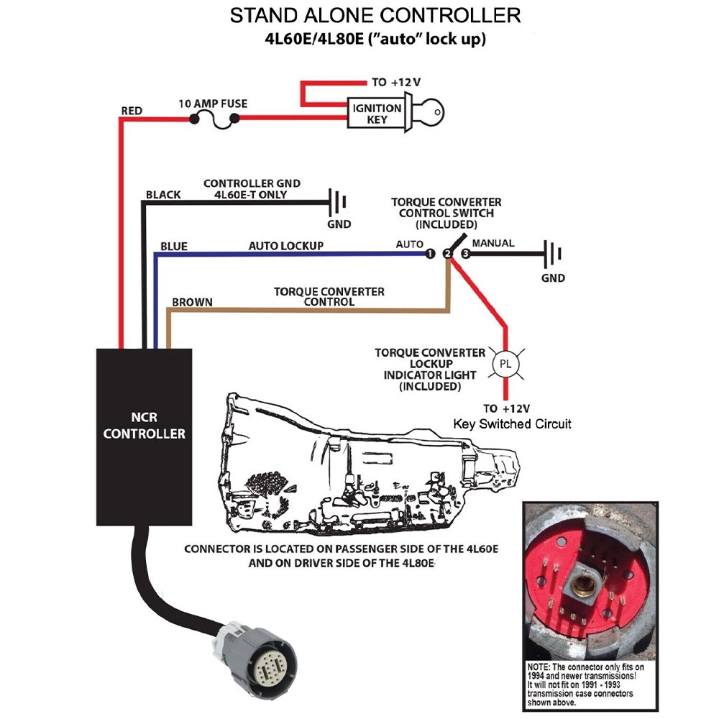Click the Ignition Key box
coord(377,114)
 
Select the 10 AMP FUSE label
coord(212,104)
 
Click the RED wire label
coord(132,111)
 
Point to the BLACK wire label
coord(163,195)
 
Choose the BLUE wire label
coord(173,247)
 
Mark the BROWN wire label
coord(192,302)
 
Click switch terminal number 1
coord(429,255)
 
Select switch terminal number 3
coord(465,255)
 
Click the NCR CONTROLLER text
coord(144,426)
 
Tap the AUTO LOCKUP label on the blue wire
coord(285,246)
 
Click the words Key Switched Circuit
coord(512,424)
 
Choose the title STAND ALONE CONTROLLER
coord(375,16)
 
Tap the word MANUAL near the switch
coord(493,243)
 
